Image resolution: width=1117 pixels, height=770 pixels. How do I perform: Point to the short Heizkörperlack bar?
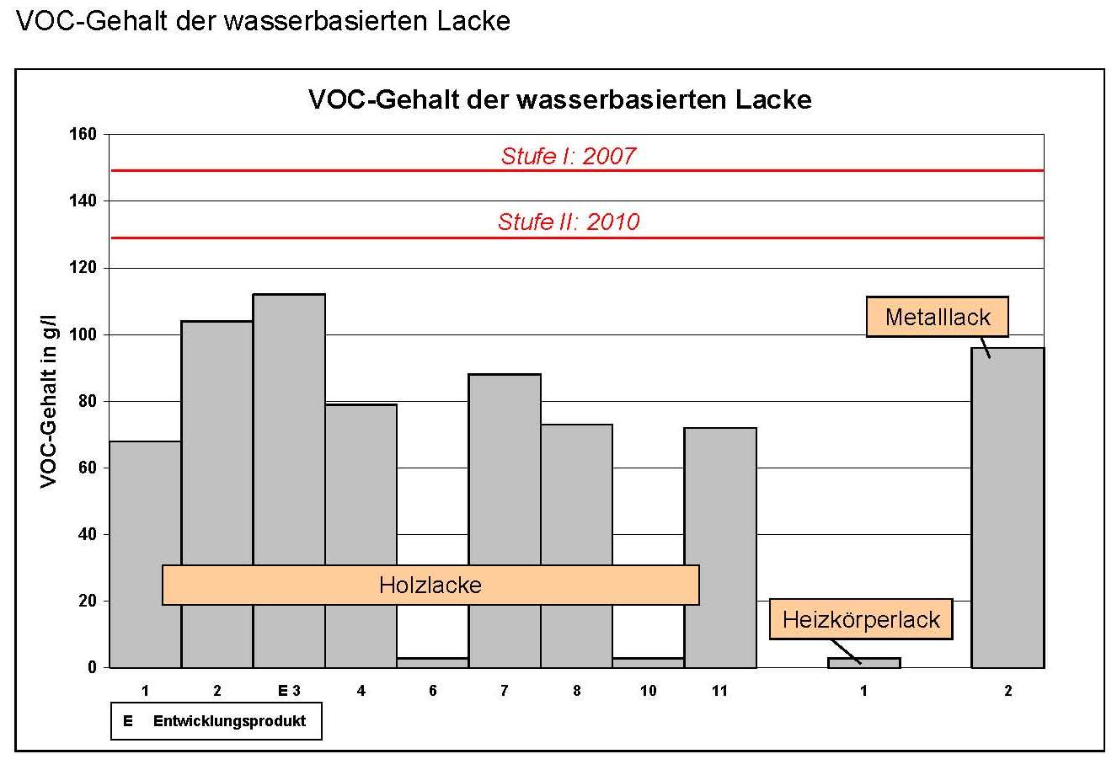tap(864, 663)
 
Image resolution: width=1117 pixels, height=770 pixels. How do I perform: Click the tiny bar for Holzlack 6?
tap(432, 663)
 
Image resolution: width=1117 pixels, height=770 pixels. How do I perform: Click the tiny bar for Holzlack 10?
tap(648, 663)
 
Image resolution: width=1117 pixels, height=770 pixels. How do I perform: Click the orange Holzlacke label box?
tap(430, 585)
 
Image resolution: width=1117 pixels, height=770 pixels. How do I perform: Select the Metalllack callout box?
tap(938, 318)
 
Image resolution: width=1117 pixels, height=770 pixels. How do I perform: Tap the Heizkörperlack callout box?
tap(861, 620)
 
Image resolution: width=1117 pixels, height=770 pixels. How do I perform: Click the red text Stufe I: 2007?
tap(569, 156)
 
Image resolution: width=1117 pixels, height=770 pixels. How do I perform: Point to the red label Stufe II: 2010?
tap(569, 222)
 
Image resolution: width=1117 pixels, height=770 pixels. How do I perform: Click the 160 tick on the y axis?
tap(88, 134)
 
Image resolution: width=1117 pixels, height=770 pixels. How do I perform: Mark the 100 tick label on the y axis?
tap(88, 334)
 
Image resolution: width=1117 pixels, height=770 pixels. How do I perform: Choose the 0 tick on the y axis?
tap(93, 667)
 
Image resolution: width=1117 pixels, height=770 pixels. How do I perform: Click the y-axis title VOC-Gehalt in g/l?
tap(49, 401)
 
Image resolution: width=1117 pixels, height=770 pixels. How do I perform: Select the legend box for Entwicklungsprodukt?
tap(216, 721)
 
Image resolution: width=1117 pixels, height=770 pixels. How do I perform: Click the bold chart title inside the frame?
tap(560, 100)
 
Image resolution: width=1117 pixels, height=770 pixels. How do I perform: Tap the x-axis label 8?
tap(576, 691)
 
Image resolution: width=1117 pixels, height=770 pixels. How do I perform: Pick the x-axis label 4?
tap(361, 691)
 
